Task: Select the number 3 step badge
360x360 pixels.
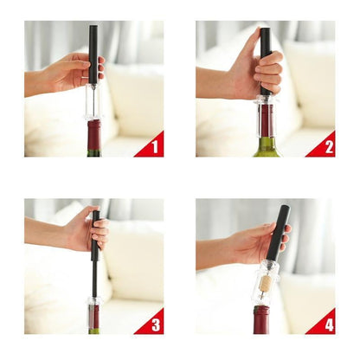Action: click(152, 324)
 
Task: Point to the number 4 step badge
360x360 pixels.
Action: click(324, 324)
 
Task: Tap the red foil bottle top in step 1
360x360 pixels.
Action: click(93, 135)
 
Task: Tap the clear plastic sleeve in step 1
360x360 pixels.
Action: click(93, 102)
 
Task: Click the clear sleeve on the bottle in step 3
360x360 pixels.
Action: click(93, 312)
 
